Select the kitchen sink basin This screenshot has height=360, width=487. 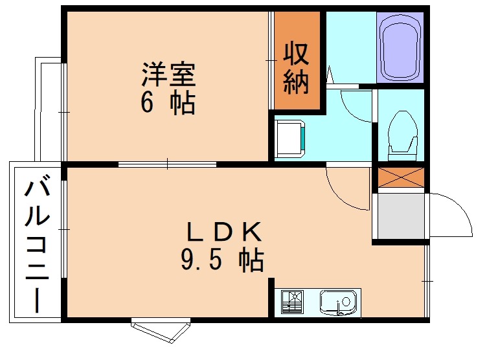[x=337, y=302]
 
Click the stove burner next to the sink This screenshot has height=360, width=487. [x=292, y=302]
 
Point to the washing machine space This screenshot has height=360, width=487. [x=289, y=139]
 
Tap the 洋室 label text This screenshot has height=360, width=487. [x=169, y=74]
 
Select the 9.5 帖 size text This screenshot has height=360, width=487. [x=221, y=260]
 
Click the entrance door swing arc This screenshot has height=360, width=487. [x=454, y=214]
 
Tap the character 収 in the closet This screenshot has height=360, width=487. [x=297, y=53]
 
